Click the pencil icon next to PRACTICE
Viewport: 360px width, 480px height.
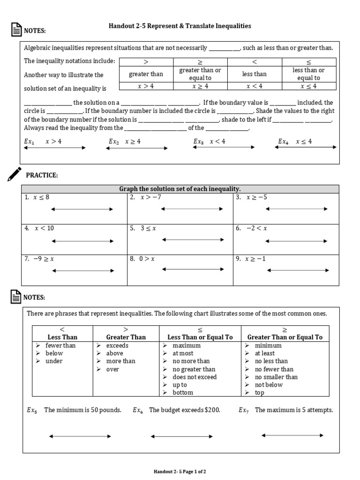click(15, 173)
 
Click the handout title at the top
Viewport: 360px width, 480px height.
click(180, 26)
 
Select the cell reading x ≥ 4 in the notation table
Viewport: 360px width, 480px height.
click(200, 86)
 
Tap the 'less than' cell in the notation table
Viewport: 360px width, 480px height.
click(254, 74)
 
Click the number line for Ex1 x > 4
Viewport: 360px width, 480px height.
click(55, 148)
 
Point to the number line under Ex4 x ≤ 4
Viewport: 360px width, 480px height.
click(306, 147)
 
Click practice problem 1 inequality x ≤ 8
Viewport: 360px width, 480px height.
click(41, 197)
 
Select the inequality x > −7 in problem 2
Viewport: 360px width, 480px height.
click(150, 197)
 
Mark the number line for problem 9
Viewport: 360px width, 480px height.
click(298, 270)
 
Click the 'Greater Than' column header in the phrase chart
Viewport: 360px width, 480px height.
click(126, 337)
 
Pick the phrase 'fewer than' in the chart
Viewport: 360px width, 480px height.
click(60, 345)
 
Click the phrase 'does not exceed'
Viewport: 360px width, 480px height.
click(195, 377)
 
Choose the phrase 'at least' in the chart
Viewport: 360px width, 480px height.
click(265, 353)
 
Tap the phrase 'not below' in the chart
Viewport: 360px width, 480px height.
click(269, 385)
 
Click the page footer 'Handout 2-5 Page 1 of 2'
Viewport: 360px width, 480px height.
click(180, 471)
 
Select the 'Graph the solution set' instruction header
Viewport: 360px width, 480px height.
click(180, 188)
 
